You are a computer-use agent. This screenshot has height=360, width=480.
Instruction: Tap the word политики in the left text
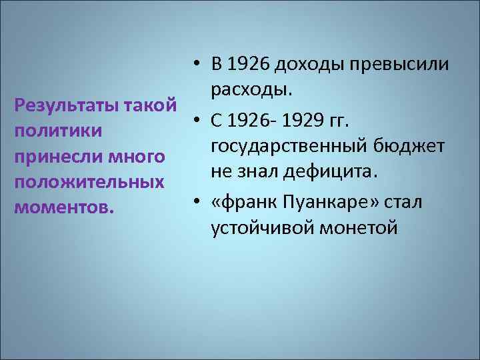(x=58, y=131)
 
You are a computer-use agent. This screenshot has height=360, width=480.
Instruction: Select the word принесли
(x=53, y=157)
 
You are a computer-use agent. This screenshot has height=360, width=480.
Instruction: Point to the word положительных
(x=89, y=182)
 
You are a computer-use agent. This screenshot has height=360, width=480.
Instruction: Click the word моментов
(x=63, y=207)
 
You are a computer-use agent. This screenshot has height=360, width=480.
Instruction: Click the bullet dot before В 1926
(x=198, y=65)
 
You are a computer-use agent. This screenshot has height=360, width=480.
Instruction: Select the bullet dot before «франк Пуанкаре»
(x=198, y=201)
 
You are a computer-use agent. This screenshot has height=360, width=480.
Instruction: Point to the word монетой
(x=360, y=227)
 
